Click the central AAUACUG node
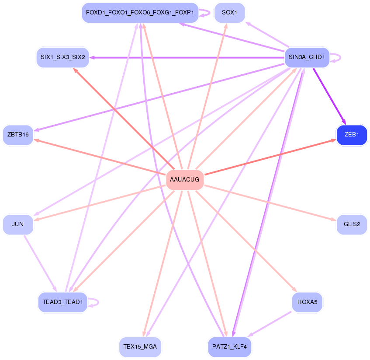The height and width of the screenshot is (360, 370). click(185, 180)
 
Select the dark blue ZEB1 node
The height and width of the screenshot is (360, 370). click(352, 135)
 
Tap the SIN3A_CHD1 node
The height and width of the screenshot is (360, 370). click(307, 57)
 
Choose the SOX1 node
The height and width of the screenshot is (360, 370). click(229, 13)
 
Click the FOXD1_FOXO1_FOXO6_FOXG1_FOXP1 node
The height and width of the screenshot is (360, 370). click(140, 13)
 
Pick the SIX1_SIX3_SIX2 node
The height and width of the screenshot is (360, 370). click(63, 57)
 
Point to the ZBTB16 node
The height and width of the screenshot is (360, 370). click(18, 135)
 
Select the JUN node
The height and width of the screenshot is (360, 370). click(18, 224)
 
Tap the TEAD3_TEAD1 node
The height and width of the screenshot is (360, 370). click(63, 302)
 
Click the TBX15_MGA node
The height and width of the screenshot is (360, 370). click(140, 347)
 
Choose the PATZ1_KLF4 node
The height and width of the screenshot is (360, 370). click(229, 347)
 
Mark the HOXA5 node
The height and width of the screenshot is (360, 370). click(307, 302)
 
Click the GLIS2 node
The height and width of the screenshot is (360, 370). click(352, 224)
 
